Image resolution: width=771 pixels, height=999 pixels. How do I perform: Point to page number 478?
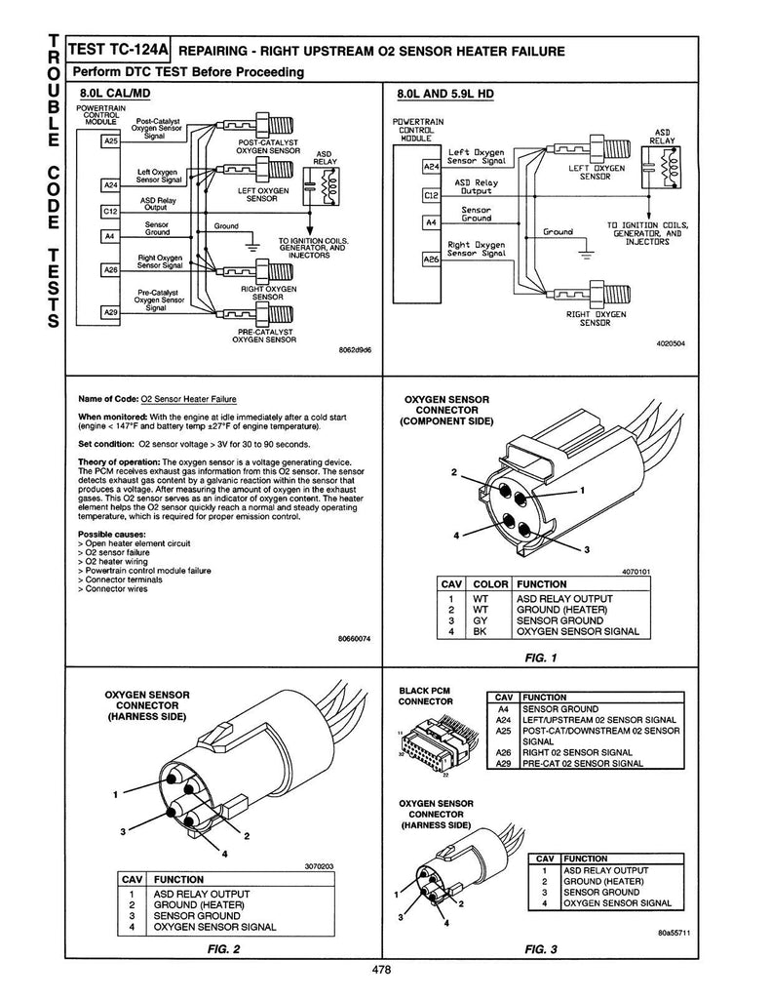383,969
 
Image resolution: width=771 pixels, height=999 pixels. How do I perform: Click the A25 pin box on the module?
110,140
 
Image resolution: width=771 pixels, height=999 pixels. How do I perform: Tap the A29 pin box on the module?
110,312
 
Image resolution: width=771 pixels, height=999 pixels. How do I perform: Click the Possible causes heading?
108,534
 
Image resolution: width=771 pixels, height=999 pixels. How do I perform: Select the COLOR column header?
490,584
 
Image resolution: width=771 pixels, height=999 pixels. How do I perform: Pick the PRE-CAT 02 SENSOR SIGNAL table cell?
582,763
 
